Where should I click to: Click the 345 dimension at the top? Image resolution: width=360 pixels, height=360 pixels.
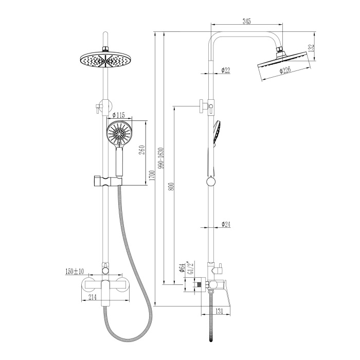coord(247,22)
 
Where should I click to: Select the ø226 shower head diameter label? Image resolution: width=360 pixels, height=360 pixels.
coord(285,69)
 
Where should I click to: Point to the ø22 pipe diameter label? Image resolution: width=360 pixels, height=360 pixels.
coord(226,70)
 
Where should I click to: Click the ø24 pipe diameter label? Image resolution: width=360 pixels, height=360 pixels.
coord(226,224)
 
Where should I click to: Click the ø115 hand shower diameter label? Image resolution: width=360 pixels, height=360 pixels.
coord(118,115)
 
